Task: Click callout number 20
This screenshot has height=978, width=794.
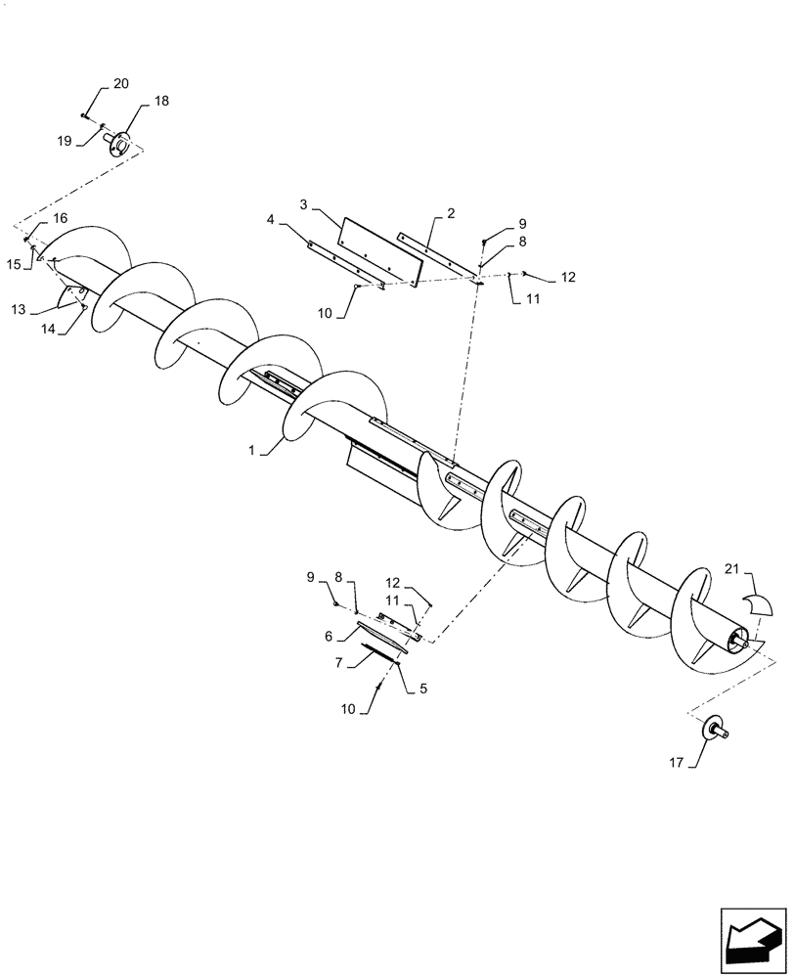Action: (120, 84)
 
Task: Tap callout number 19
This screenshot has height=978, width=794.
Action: (64, 142)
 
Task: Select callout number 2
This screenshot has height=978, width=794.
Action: (451, 212)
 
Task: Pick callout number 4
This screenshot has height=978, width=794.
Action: (271, 223)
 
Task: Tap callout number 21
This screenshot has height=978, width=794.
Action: (732, 569)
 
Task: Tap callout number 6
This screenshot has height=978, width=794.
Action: (329, 636)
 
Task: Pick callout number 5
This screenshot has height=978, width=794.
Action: (422, 687)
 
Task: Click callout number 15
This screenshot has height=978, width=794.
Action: (15, 264)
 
